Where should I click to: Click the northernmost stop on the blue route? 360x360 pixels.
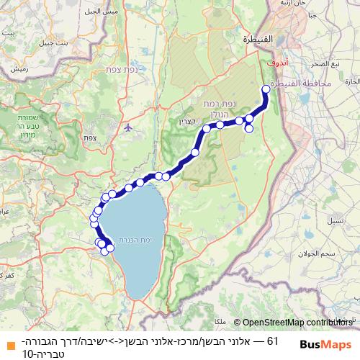266,89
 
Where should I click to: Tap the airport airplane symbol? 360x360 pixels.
128,127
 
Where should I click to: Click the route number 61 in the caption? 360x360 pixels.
273,338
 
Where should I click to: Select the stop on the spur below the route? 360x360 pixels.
249,129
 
